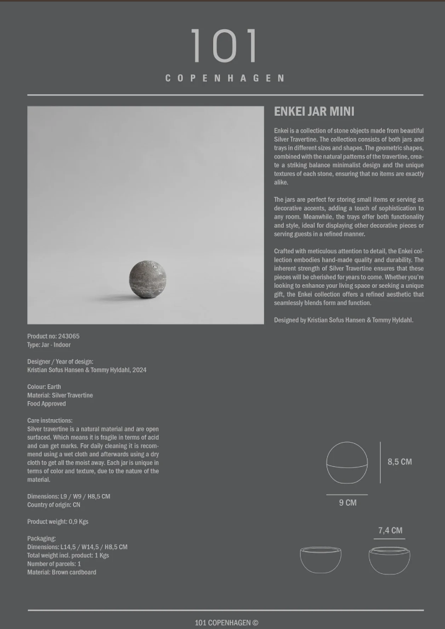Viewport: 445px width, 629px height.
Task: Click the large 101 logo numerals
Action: (x=223, y=46)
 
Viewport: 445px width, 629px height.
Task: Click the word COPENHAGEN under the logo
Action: (x=224, y=79)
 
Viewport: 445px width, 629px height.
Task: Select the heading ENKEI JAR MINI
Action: (x=314, y=111)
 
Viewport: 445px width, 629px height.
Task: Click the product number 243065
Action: (x=68, y=336)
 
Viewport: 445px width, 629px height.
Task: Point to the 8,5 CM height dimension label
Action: (x=399, y=462)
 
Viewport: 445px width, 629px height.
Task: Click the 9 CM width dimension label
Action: (x=347, y=503)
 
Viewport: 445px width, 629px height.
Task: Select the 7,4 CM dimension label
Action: (x=390, y=531)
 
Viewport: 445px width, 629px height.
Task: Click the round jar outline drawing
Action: (x=347, y=462)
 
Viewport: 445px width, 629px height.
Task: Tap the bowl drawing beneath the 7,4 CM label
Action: (x=389, y=560)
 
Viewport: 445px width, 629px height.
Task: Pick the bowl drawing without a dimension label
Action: (x=320, y=560)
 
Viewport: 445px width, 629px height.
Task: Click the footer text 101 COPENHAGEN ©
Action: (x=226, y=623)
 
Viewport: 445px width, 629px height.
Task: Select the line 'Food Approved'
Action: (x=46, y=404)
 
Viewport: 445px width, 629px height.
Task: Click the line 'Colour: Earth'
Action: (x=44, y=387)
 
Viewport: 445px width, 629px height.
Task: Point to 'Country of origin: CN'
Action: (x=53, y=505)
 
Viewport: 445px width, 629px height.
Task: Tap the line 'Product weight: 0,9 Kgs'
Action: (x=58, y=522)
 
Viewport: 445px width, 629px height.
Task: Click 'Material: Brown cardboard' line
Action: (x=61, y=573)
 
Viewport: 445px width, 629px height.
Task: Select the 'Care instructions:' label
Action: (x=50, y=420)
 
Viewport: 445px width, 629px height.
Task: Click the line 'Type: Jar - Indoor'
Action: (x=49, y=345)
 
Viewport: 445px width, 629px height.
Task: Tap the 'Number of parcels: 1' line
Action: (x=54, y=564)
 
